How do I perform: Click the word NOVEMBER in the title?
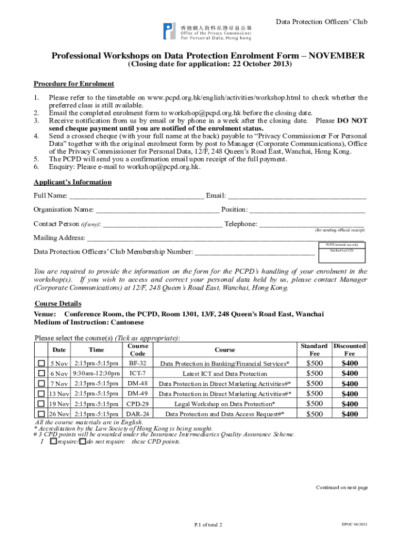coord(335,56)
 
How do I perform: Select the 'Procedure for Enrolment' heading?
coord(74,84)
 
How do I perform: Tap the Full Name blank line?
coord(136,196)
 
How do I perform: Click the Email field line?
coord(297,196)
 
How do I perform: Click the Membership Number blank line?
coord(255,252)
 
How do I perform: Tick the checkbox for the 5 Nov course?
coord(41,364)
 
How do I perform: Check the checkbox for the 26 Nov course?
coord(41,414)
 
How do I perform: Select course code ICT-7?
coord(137,374)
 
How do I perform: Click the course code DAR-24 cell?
coord(137,414)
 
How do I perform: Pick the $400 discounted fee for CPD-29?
coord(350,404)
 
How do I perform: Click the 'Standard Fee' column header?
coord(314,350)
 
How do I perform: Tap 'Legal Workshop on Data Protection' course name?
coord(225,404)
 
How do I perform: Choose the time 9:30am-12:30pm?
coord(96,374)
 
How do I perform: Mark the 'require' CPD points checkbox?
coord(53,442)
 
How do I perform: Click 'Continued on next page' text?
coord(341,487)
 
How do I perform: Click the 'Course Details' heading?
coord(58,304)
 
